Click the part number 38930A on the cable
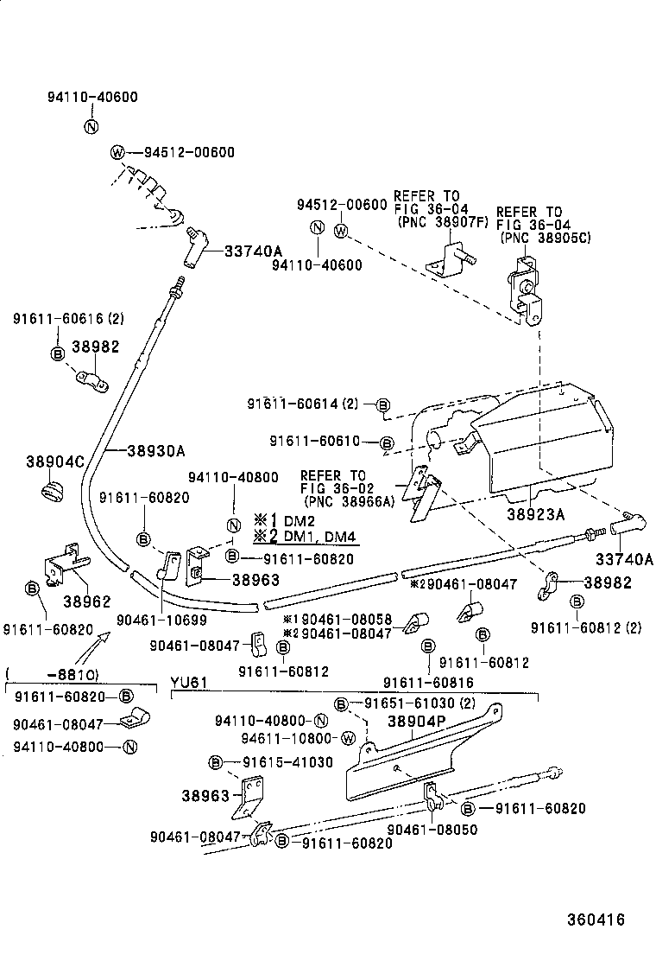[156, 450]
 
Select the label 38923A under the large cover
[536, 513]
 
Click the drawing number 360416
[596, 920]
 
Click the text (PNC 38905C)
[544, 238]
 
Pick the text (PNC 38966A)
[347, 500]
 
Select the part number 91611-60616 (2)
[68, 318]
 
